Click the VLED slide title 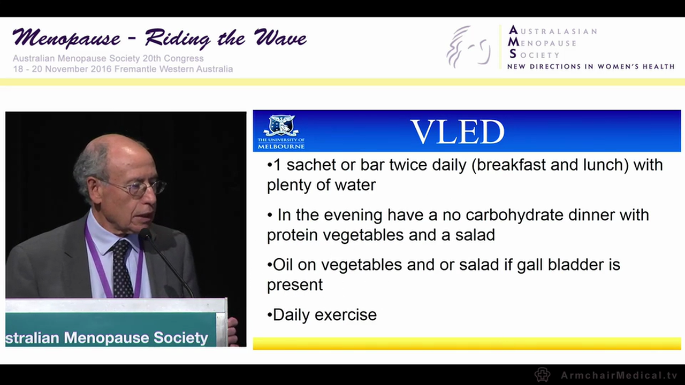click(457, 132)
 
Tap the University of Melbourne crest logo click(281, 126)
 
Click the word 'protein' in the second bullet click(293, 235)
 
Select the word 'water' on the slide click(355, 185)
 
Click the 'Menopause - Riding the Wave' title click(159, 38)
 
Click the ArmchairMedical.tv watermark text click(619, 375)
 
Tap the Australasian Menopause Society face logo click(468, 47)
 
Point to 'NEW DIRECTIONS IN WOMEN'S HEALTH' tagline click(590, 67)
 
